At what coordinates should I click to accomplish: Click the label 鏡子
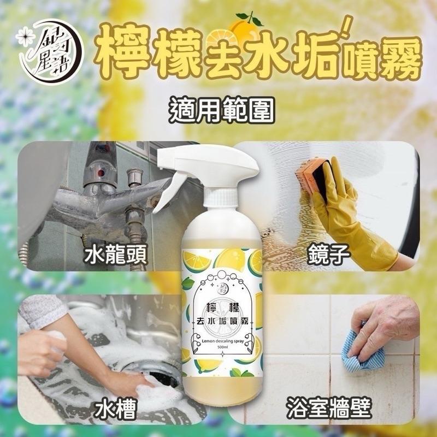[321, 254]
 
